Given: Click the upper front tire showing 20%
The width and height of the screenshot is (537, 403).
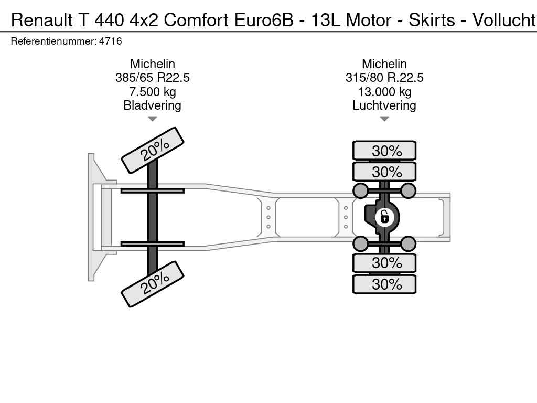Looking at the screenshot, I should coord(153,150).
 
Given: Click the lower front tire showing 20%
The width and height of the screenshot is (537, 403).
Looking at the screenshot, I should coord(153,284).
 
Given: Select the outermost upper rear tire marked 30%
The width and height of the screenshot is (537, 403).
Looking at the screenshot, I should coord(384,151).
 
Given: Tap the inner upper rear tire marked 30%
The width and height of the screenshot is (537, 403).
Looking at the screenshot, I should coord(384,172).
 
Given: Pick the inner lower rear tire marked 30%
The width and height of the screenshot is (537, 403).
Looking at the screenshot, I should coord(384,262).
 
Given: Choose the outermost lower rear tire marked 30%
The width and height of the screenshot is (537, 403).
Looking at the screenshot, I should coord(384,284).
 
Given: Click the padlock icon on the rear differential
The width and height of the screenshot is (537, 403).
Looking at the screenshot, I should coord(384,216).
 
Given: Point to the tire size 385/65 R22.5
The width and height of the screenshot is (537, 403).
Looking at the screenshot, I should coord(153,78).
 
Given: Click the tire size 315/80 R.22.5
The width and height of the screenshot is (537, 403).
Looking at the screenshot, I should coord(384,78).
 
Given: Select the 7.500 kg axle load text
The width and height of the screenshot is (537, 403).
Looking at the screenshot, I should coord(153,92).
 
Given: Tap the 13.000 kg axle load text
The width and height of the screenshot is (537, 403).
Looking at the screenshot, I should coord(384,92).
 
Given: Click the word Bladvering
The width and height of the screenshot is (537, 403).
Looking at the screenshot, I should coord(153,105).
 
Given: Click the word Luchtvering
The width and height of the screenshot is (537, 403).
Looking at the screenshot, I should coord(384,105).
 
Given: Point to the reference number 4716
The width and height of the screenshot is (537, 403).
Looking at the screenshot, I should coord(111,41).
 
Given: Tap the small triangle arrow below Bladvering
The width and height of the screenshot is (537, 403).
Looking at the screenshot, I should coord(153,119).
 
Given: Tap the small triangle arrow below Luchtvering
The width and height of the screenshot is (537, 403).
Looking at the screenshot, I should coord(384,119).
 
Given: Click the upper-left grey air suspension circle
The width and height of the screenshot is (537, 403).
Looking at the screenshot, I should coord(361,190).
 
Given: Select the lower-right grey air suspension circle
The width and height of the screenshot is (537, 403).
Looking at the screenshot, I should coord(408,243).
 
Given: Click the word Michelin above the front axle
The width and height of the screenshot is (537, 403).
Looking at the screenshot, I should coord(153,64).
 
